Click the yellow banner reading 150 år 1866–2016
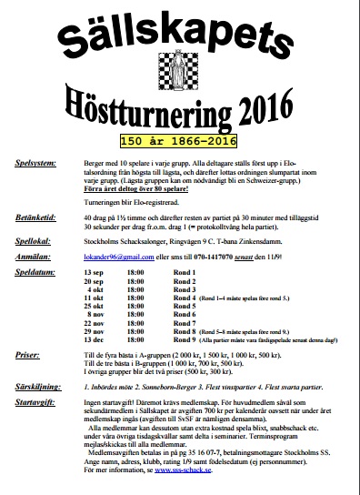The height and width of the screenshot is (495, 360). click(x=180, y=141)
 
